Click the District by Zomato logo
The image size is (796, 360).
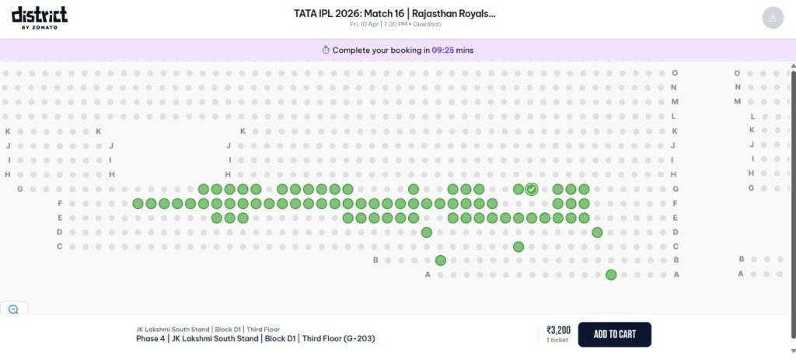click(39, 17)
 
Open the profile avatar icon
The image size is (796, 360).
click(772, 18)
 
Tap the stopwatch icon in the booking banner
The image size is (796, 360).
click(326, 50)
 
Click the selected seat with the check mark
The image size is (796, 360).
click(532, 189)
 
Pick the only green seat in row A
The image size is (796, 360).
click(611, 274)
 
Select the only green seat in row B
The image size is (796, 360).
click(441, 260)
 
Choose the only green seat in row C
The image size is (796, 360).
click(518, 246)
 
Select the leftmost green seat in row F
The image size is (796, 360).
click(138, 204)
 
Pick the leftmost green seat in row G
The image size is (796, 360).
click(204, 189)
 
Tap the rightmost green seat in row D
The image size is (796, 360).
click(597, 232)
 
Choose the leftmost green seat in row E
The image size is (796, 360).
click(217, 218)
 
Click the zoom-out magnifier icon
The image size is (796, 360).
click(13, 309)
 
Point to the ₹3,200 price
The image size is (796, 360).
click(558, 330)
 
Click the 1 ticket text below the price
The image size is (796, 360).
click(558, 341)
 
